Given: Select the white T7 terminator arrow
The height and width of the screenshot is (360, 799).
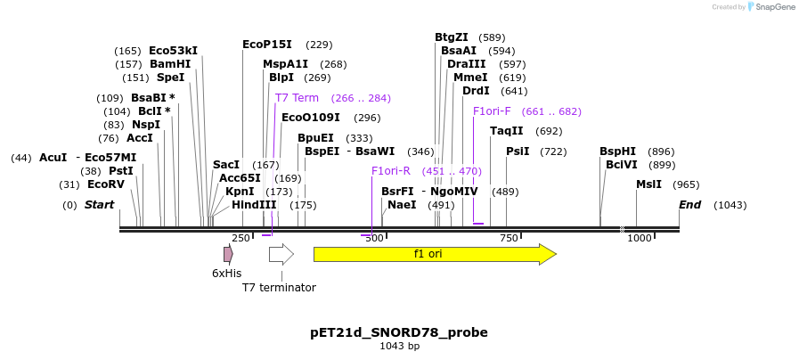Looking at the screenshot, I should (281, 254).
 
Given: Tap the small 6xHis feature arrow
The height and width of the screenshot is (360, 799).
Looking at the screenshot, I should (228, 254).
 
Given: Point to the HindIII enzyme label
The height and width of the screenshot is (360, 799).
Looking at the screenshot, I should (255, 205).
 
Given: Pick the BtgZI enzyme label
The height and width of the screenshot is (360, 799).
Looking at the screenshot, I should (452, 37).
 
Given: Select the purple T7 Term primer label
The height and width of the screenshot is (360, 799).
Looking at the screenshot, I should (297, 98).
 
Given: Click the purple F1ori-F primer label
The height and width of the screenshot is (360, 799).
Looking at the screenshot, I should (492, 111).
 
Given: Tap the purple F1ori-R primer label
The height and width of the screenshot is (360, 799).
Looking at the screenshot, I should (391, 171).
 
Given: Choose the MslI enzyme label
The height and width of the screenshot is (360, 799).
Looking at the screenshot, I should (648, 184).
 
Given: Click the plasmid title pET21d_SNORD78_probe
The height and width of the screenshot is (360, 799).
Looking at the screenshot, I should (399, 332).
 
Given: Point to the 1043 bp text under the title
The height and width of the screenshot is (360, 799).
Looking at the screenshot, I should (399, 347).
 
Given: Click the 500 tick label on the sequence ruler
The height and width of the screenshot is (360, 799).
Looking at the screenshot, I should (374, 238).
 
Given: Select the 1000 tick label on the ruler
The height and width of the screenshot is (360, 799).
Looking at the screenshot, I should (639, 238).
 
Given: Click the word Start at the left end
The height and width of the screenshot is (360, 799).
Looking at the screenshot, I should (99, 205).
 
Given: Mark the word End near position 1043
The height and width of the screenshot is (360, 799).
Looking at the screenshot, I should (689, 205).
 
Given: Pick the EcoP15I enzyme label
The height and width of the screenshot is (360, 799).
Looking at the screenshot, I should (267, 44).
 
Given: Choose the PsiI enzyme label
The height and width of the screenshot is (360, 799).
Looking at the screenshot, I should (518, 151).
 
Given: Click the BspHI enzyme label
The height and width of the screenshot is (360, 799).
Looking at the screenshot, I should (618, 151).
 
